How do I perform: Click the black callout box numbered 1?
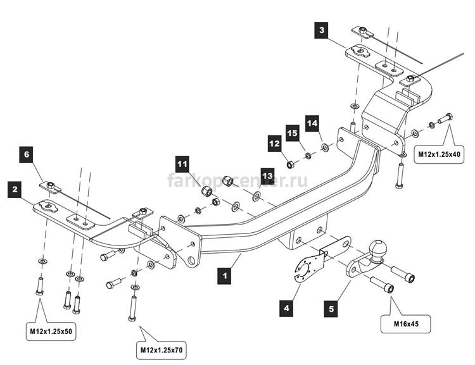[x=225, y=276]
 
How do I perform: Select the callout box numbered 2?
[x=15, y=190]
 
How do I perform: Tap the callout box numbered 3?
[x=321, y=30]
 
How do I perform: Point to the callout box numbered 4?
[x=286, y=308]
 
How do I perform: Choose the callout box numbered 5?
[x=331, y=309]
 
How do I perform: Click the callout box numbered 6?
[x=27, y=154]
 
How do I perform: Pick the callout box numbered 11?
[x=182, y=164]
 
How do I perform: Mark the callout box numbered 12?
[x=274, y=143]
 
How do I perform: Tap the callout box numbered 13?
[x=267, y=176]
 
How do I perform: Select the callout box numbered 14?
[x=312, y=123]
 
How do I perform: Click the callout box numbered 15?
[x=293, y=133]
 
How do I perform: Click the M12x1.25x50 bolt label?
[x=51, y=331]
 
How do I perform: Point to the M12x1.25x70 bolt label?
[x=161, y=350]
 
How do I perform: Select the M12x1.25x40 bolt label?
[x=439, y=154]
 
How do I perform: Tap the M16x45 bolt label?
[x=406, y=324]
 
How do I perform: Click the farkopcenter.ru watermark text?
[x=237, y=181]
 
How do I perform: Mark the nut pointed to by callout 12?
[x=290, y=164]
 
